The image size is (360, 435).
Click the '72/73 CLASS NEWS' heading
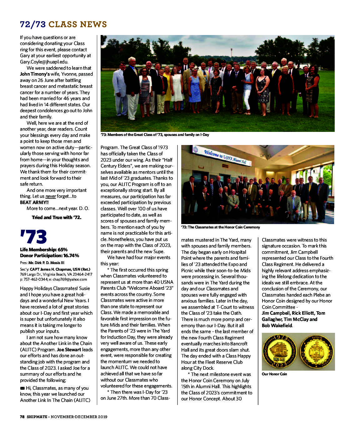(63, 24)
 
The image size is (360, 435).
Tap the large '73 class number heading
(33, 237)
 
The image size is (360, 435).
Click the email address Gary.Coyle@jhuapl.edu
(44, 62)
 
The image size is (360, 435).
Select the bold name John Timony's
(35, 74)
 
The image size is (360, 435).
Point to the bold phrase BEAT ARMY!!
(34, 202)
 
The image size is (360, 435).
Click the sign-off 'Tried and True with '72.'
(56, 217)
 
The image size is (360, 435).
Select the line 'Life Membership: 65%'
(44, 250)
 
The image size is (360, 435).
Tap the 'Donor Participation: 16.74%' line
(49, 256)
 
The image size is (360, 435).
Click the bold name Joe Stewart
(69, 350)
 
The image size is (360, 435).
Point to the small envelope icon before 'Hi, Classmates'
(22, 388)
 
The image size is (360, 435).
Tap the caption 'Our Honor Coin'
(274, 374)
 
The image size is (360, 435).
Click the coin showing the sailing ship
(279, 352)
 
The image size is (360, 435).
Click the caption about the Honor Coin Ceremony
(220, 227)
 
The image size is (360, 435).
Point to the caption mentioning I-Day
(155, 135)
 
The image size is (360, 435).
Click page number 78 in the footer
(22, 417)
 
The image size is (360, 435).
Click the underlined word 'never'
(51, 197)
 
